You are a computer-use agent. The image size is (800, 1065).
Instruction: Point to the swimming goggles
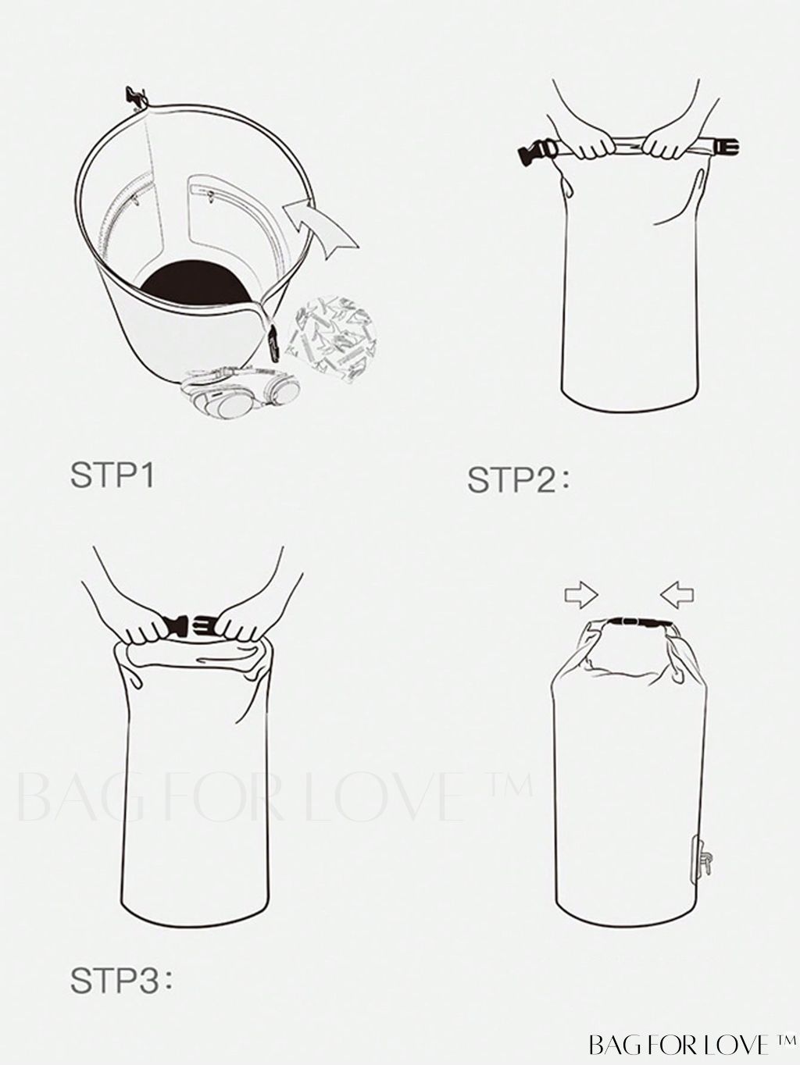tap(241, 393)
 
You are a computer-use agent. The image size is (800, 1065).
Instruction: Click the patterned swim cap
tap(332, 339)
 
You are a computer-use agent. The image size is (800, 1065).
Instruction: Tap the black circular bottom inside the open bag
tap(197, 284)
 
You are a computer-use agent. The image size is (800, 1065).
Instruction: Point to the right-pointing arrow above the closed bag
tap(581, 595)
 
